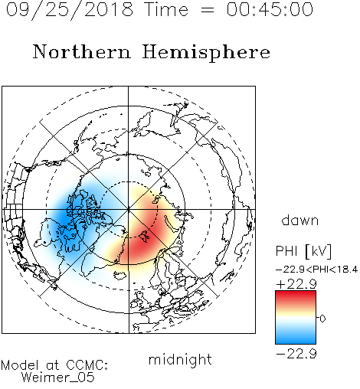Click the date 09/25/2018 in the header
coord(70,10)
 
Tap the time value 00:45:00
coord(270,9)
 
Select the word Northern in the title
coord(82,51)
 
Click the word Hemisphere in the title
coord(206,53)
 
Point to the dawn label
coord(300,220)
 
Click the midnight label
coord(180,360)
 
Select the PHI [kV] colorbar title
coord(303,251)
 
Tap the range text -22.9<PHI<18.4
coord(316,270)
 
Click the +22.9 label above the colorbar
coord(296,284)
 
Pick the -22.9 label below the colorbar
coord(296,354)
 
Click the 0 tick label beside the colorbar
coord(322,319)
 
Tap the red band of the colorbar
coord(296,297)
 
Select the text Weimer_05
coord(58,378)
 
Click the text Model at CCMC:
coord(54,365)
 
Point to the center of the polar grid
coord(129,209)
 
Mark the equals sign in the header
coord(207,10)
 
